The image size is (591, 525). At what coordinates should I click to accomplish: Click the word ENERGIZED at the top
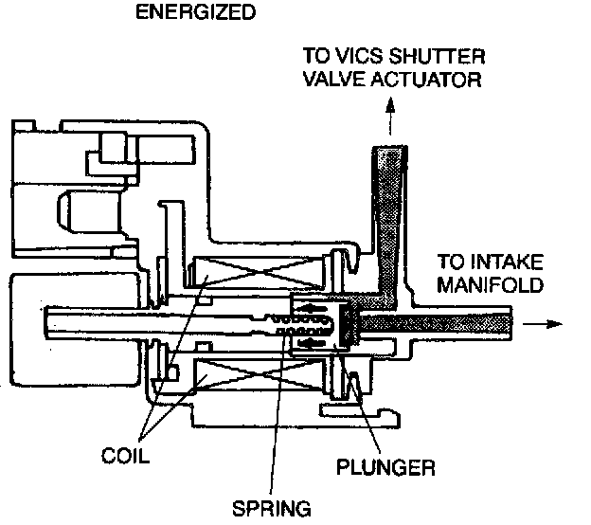tap(196, 12)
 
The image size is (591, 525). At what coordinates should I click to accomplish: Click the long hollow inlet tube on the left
tap(95, 324)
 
